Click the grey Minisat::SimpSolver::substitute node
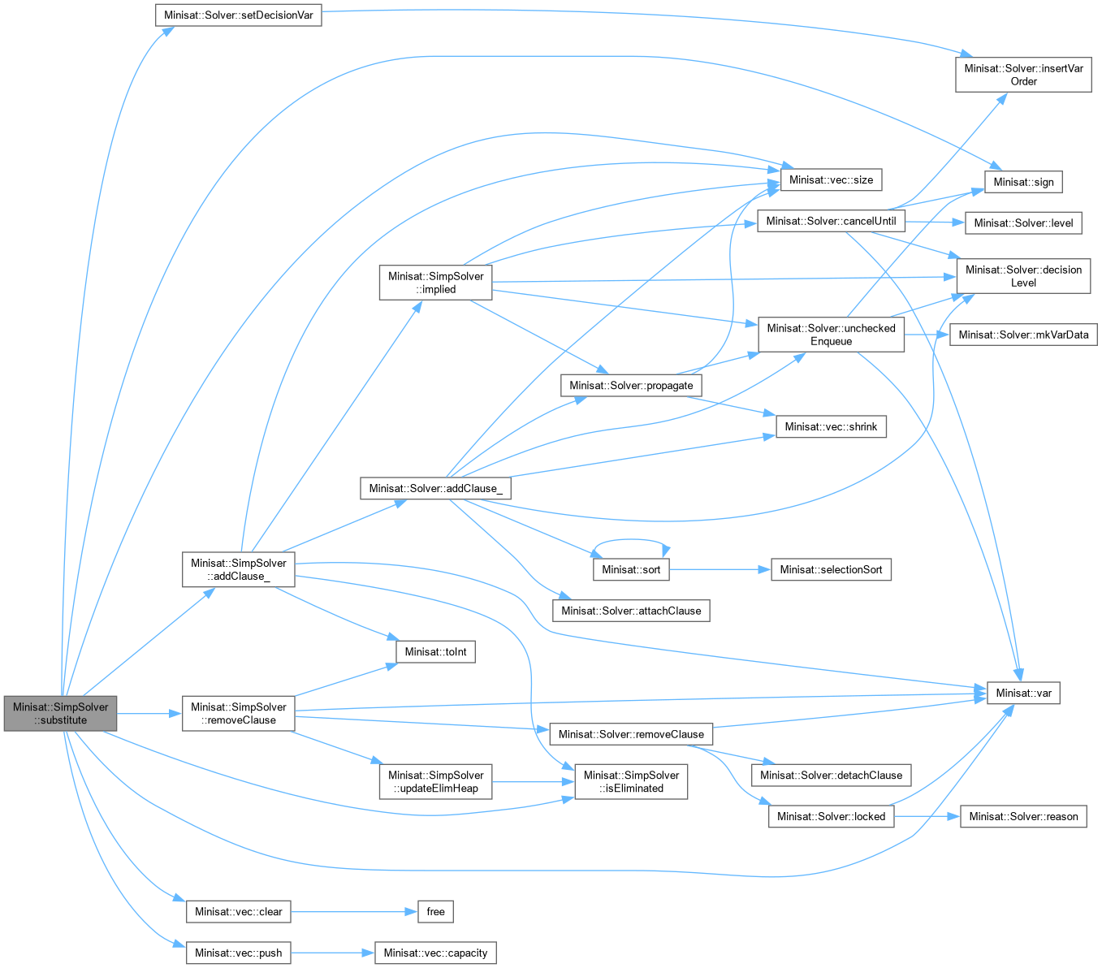[61, 713]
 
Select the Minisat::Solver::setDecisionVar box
[239, 15]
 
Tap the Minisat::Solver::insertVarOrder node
[1023, 75]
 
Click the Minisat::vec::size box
[831, 179]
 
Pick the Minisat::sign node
[1023, 182]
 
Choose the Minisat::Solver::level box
[1023, 223]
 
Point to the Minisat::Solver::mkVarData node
[1023, 335]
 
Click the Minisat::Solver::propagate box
[631, 385]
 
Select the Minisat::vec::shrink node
[831, 426]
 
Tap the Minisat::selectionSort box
[831, 569]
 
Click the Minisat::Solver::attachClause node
[631, 611]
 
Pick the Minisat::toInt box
[435, 651]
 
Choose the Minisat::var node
[1023, 693]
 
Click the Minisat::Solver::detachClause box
[831, 775]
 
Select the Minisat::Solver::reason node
[1023, 816]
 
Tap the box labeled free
[435, 911]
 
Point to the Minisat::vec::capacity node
[435, 953]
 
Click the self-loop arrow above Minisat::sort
[631, 540]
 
